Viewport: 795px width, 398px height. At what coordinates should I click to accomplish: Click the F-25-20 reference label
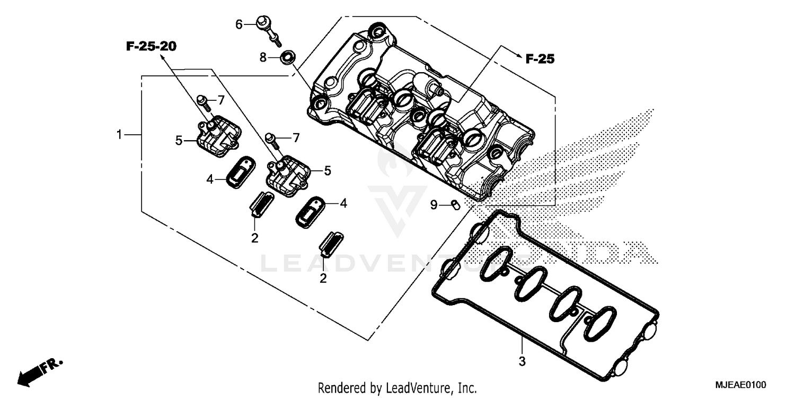point(151,47)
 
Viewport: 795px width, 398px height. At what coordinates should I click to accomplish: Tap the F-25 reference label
point(540,59)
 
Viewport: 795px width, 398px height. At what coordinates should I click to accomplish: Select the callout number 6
point(239,24)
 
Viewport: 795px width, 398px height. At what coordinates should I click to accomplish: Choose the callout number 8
point(263,57)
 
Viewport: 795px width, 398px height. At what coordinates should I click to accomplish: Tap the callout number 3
point(522,362)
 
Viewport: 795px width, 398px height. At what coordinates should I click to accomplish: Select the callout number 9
point(434,205)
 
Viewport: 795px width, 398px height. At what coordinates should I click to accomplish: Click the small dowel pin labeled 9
point(454,205)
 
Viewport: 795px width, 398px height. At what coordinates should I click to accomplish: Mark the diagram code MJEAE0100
point(742,384)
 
